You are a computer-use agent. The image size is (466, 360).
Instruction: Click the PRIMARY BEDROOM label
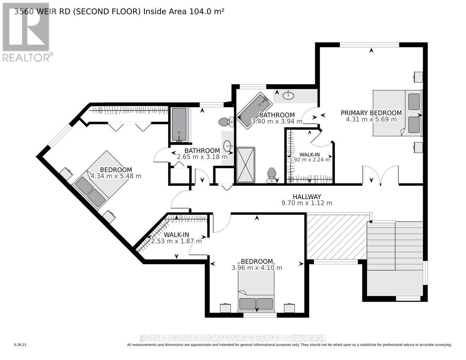coord(371,113)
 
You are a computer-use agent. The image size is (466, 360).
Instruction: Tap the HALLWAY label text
coord(306,197)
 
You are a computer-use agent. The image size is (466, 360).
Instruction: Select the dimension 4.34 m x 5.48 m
coord(116,176)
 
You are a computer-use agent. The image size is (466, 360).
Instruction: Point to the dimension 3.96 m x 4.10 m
coord(257,268)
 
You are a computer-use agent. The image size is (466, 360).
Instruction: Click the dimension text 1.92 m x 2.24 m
coord(310,159)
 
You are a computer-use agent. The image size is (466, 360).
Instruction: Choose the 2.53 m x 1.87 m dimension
coord(176,241)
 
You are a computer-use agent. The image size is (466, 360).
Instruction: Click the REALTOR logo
coord(27,32)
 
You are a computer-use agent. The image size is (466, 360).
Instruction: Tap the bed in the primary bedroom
coord(396,113)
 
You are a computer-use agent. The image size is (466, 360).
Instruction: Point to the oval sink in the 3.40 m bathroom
coord(288,95)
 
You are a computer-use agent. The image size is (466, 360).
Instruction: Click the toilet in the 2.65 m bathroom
coord(225,122)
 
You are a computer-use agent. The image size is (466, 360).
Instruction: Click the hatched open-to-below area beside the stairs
coord(337,237)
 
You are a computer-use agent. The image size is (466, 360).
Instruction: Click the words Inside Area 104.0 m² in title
coord(184,11)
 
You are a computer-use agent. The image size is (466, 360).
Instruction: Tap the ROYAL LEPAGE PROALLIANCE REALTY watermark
coord(233,338)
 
